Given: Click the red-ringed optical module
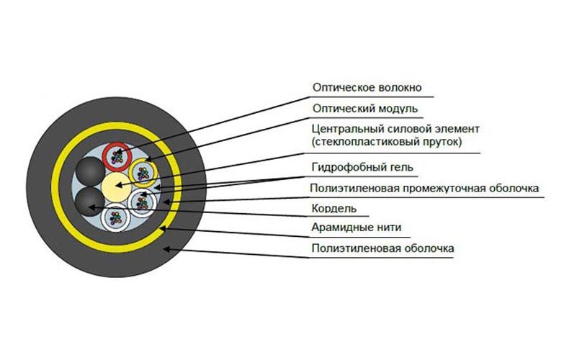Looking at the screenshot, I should [116, 154].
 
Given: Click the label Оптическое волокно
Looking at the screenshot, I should [367, 88].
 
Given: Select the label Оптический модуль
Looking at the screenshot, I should [364, 109].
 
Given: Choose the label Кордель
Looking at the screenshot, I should [334, 209].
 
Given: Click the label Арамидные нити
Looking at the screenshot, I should [357, 228].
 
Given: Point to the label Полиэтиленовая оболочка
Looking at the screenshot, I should [382, 248].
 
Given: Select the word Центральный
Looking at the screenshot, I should [341, 129].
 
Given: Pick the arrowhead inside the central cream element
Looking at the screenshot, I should [118, 186].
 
